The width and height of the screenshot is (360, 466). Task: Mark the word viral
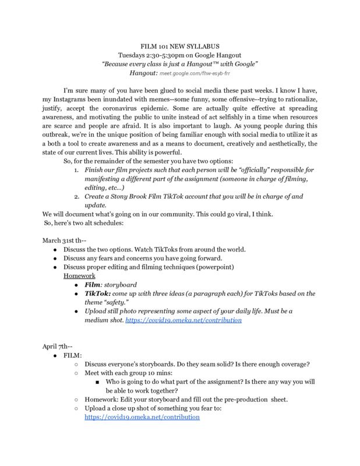[233, 215]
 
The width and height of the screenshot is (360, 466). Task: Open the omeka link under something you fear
[142, 418]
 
